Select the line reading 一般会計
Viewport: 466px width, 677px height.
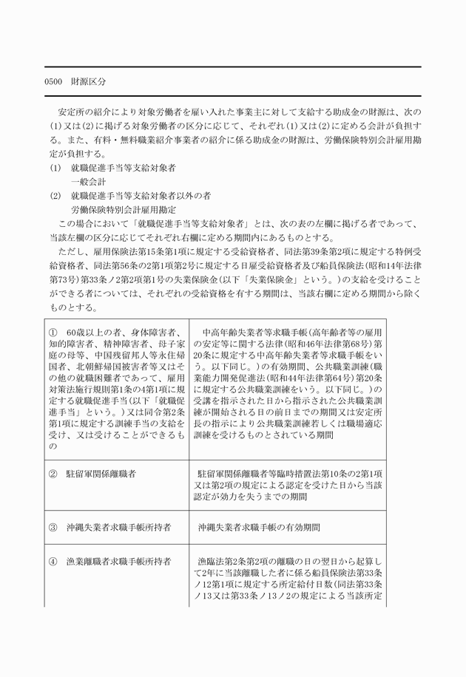click(89, 181)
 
